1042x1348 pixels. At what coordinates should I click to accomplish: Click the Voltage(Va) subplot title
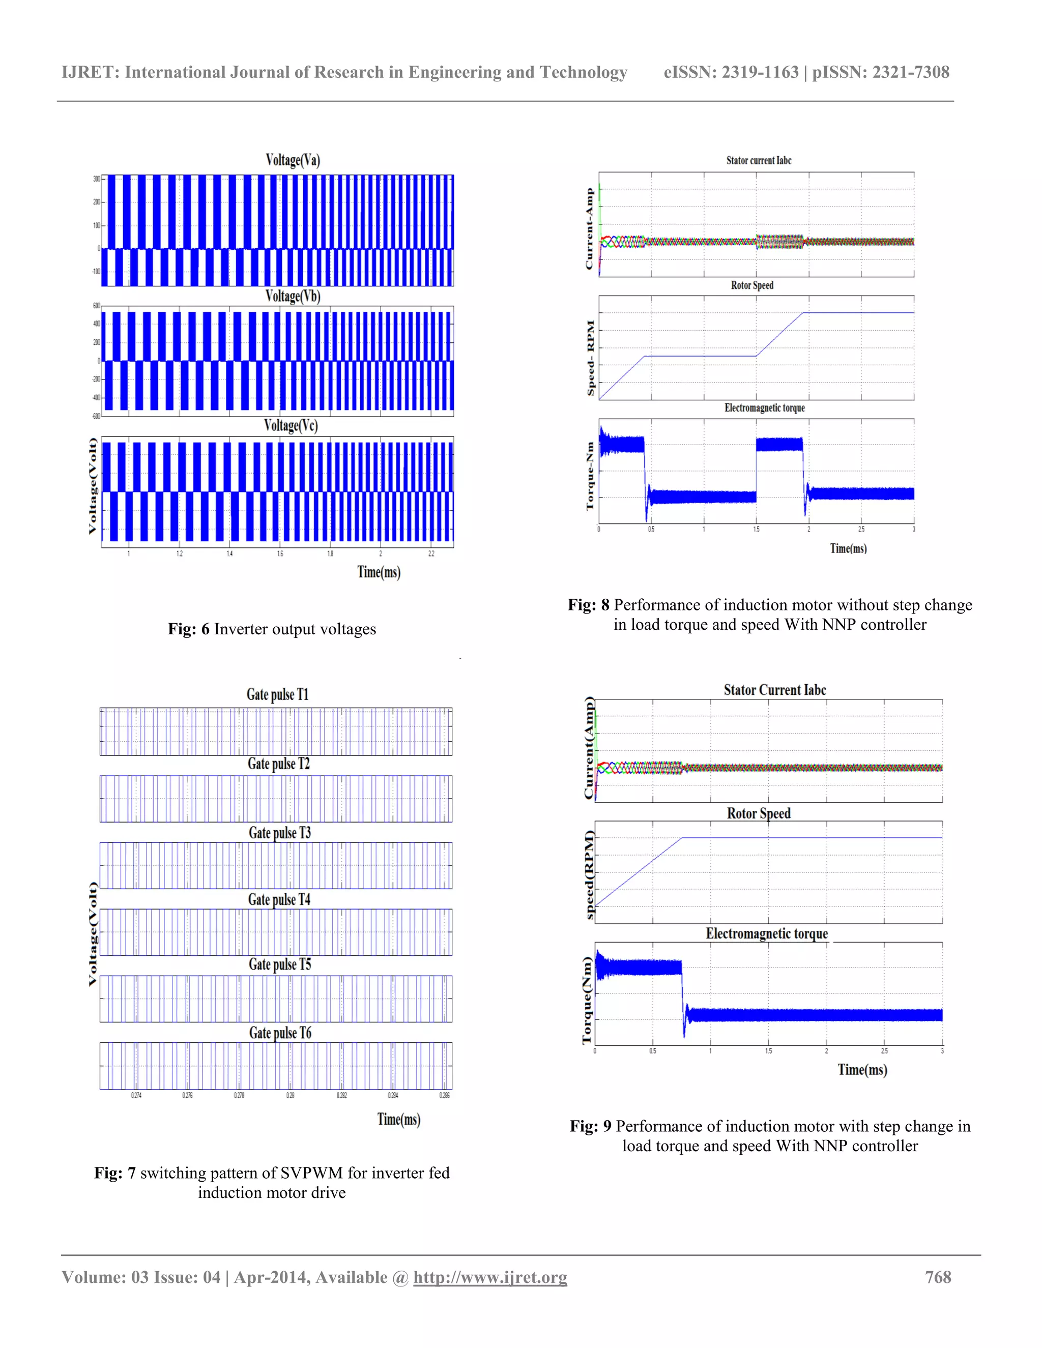tap(293, 160)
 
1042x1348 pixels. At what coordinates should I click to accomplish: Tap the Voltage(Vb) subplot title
tap(293, 296)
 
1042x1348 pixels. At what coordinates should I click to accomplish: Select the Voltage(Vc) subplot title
tap(291, 425)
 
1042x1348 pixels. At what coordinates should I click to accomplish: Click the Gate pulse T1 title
tap(277, 694)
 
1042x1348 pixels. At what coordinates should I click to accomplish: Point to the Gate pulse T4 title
tap(279, 899)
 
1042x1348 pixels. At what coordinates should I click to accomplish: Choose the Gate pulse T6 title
tap(280, 1033)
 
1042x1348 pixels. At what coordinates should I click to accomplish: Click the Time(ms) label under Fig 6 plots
tap(379, 572)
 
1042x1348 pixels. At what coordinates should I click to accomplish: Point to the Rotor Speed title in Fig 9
tap(759, 813)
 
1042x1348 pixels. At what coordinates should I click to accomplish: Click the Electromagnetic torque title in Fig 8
tap(764, 408)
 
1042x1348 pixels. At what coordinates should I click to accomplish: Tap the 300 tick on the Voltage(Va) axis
tap(96, 179)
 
